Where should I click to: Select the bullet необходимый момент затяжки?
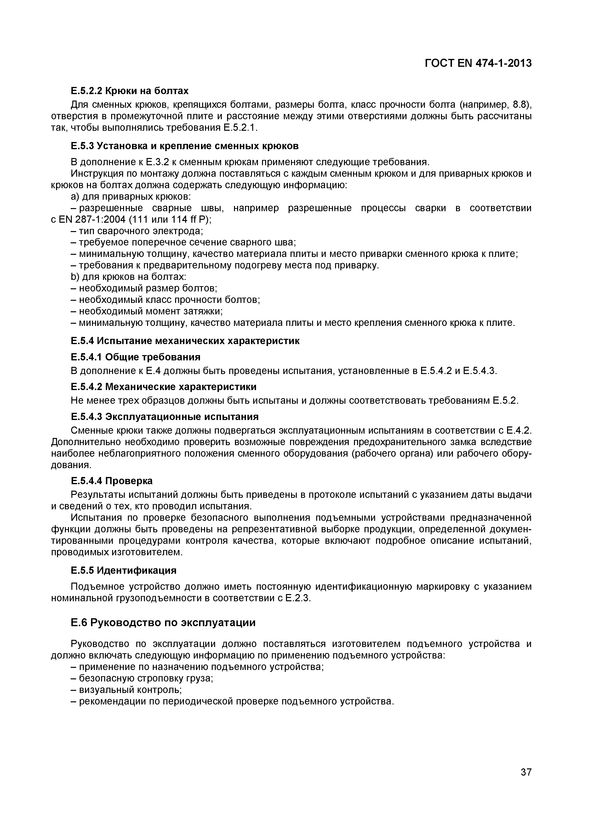click(x=146, y=311)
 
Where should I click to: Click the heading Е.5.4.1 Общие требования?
click(x=135, y=357)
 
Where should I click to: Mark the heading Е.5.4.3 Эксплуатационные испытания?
click(x=164, y=417)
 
